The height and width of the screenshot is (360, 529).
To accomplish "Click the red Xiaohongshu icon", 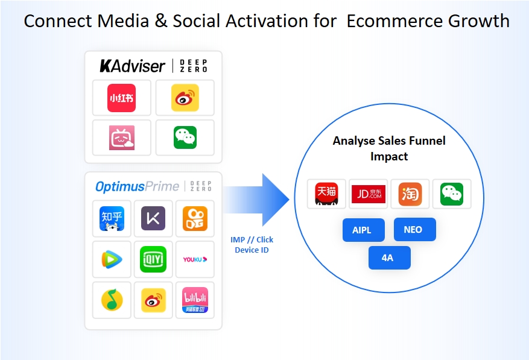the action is point(121,98).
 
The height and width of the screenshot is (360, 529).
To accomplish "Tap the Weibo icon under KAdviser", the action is point(185,98).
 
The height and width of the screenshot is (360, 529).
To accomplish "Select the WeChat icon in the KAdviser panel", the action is point(185,137).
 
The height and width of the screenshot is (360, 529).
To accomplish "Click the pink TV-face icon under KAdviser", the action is point(121,137).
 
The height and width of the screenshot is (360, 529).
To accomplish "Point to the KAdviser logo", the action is point(132,66).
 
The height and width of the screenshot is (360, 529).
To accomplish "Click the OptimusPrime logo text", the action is point(137,186).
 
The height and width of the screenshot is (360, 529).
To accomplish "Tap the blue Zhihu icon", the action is point(112,219).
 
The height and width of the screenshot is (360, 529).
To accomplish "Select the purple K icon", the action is point(153,218).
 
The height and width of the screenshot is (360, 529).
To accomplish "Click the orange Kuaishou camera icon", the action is point(195,219).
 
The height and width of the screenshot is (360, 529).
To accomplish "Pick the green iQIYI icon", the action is point(153,259).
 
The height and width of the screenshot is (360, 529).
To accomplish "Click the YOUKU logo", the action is point(195,259).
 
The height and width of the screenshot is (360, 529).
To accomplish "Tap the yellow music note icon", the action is point(112,300).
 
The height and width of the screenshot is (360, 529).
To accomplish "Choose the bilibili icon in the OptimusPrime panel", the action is point(195,300).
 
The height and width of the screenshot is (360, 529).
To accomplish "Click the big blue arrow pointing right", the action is point(256,200).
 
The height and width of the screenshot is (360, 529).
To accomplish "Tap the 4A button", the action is point(389,257).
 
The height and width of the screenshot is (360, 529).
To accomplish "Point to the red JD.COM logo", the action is point(369,194).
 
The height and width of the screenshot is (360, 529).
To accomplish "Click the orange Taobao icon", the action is point(410,194).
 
